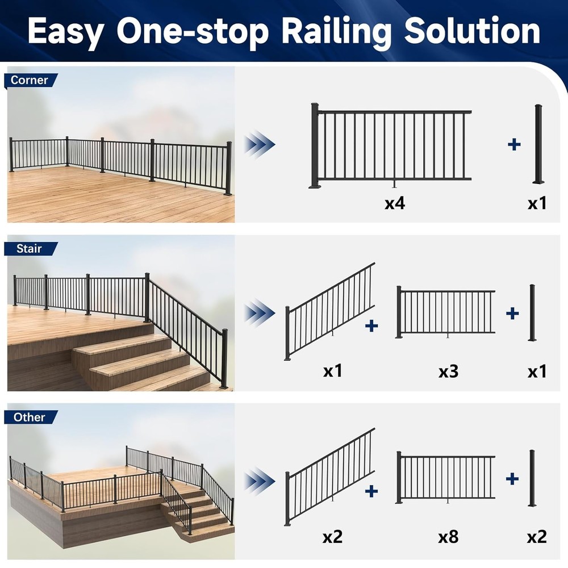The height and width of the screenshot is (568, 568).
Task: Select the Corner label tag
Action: point(30,80)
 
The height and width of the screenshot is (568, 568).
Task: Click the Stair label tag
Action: point(29,248)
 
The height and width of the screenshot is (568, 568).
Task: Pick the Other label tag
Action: point(30,417)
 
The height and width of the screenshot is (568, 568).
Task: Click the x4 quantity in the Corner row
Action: point(394,203)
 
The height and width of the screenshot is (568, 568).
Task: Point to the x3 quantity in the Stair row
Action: point(448,372)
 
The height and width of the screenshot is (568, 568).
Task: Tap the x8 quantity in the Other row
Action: point(448,537)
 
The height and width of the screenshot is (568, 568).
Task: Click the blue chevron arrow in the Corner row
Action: point(260,145)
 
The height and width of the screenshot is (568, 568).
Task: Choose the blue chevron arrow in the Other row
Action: point(260,482)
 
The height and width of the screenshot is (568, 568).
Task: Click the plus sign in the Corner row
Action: point(514,144)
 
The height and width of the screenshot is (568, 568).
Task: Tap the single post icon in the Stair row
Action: point(532,313)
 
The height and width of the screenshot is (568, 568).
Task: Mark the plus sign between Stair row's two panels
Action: point(371,325)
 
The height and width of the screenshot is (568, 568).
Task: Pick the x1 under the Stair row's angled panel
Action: point(333,372)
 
